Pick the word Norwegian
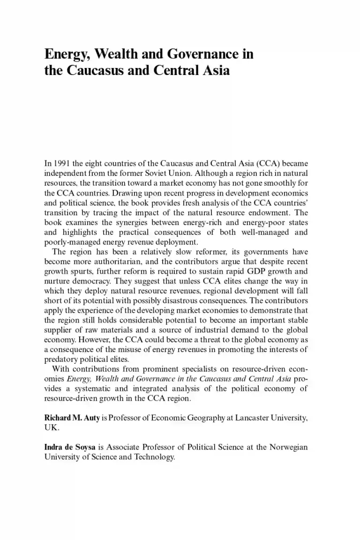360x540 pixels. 289,448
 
